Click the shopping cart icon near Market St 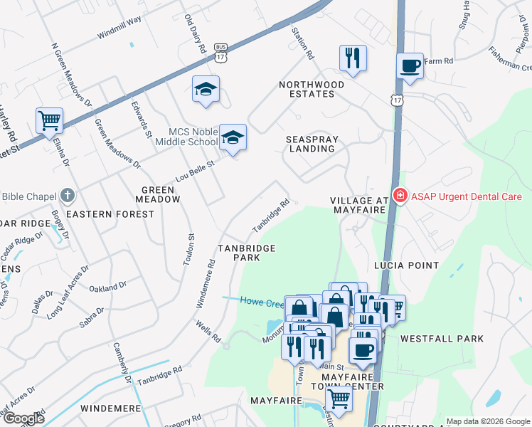point(49,121)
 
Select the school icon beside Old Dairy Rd point(206,89)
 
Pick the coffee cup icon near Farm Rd point(410,66)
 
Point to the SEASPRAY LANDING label point(312,144)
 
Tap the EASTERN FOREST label point(100,213)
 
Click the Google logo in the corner point(23,419)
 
